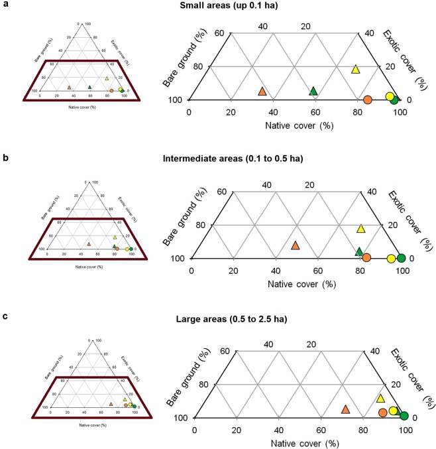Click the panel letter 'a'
(5, 5)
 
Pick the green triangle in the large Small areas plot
(314, 91)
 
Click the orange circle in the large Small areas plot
(368, 99)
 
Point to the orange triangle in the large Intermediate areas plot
(296, 245)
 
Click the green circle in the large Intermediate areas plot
(401, 258)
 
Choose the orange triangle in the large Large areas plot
(345, 409)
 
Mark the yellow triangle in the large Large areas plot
(380, 399)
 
